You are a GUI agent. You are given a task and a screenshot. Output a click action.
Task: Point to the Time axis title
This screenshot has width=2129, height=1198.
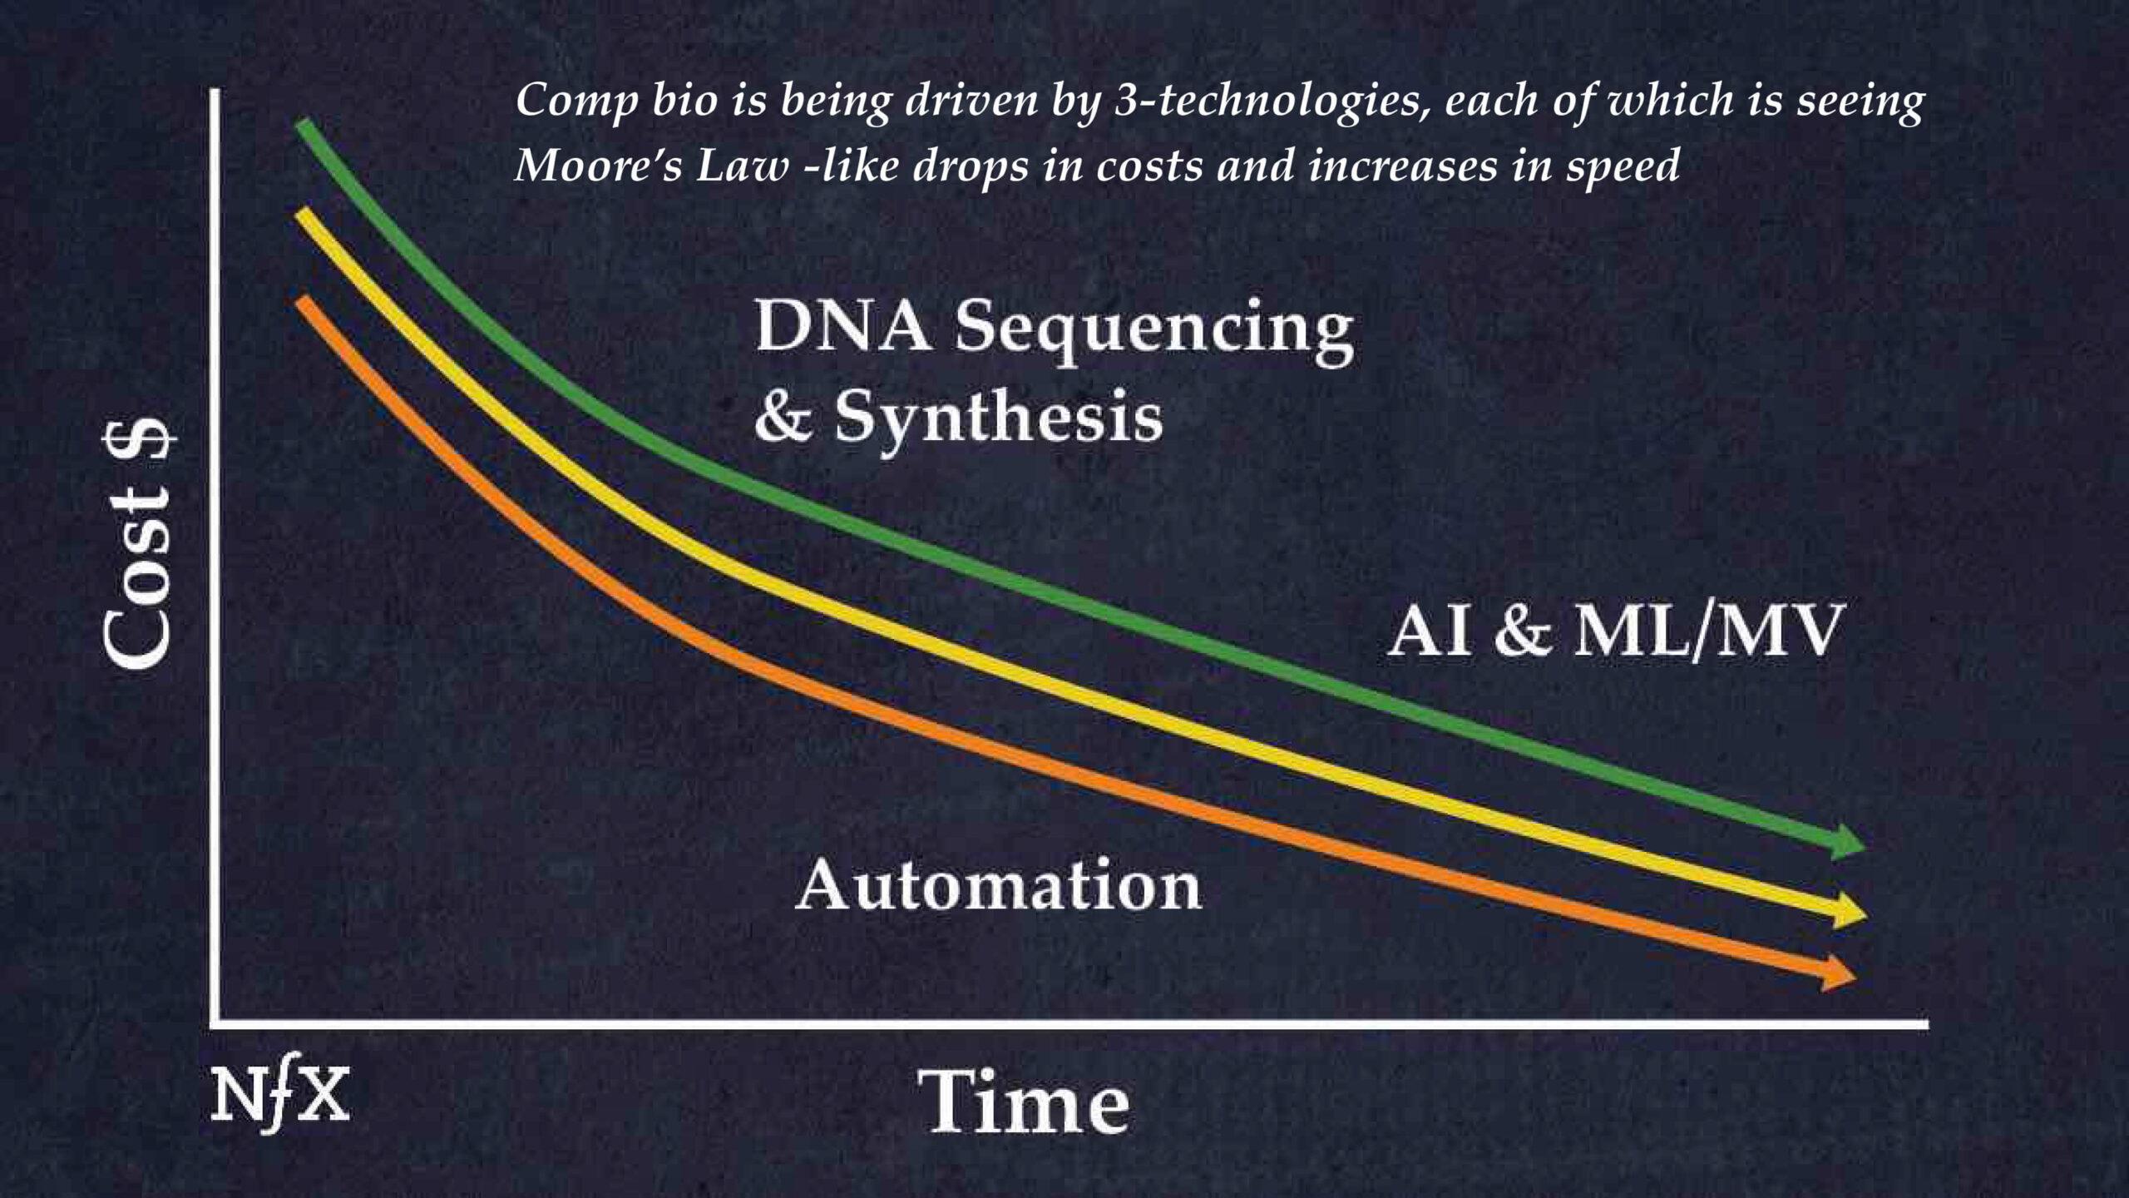tap(1028, 1102)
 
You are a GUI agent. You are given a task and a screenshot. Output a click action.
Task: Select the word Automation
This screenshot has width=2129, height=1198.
tap(998, 885)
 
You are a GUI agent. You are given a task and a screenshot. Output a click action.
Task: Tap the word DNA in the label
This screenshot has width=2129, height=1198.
tap(842, 326)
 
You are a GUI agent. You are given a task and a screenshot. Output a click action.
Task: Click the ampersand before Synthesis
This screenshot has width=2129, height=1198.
tap(783, 417)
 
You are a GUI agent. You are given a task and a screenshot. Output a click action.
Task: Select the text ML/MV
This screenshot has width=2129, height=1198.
tap(1708, 631)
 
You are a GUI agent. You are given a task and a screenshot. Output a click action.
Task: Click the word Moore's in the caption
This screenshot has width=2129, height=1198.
tap(598, 165)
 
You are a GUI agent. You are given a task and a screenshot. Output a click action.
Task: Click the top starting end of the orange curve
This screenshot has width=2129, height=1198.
tap(304, 302)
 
